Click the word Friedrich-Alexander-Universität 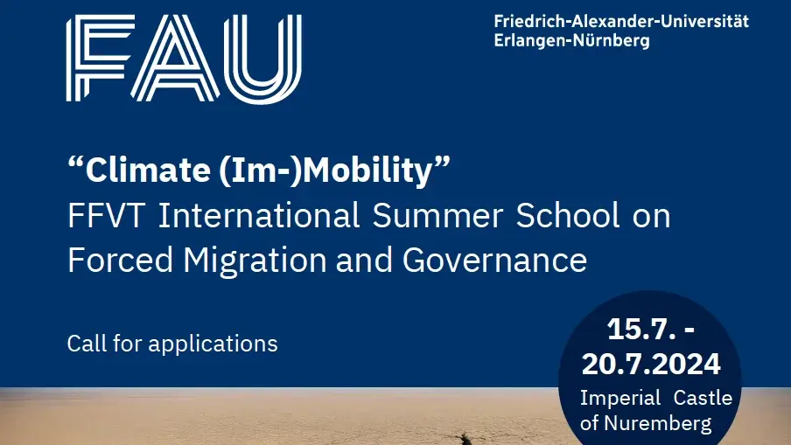[x=621, y=22]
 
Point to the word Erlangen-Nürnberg [x=571, y=40]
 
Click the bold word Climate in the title [x=148, y=170]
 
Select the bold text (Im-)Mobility [x=325, y=170]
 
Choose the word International [x=259, y=215]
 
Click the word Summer [x=437, y=216]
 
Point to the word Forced [x=120, y=260]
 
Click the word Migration [x=255, y=261]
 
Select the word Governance [x=494, y=261]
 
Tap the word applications [x=213, y=344]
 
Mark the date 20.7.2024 [x=651, y=364]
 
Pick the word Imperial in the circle [x=620, y=399]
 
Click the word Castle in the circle [x=703, y=398]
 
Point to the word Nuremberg [x=658, y=424]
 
